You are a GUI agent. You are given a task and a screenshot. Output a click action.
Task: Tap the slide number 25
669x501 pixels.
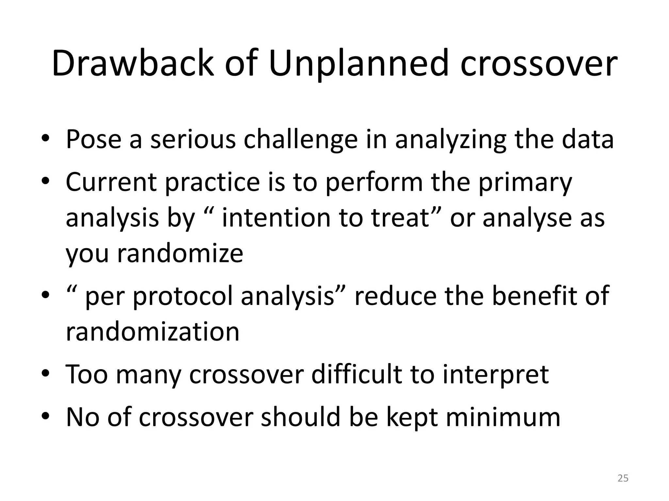pos(623,478)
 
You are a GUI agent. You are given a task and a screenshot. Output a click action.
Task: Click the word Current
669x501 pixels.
pos(111,182)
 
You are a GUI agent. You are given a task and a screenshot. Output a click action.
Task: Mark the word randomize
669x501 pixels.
pos(180,253)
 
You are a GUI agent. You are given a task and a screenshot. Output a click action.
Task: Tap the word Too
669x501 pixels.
pos(87,374)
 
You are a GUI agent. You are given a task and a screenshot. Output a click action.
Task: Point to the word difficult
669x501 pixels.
pos(356,374)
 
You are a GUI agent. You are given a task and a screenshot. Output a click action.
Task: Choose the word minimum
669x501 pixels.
pos(503,417)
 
